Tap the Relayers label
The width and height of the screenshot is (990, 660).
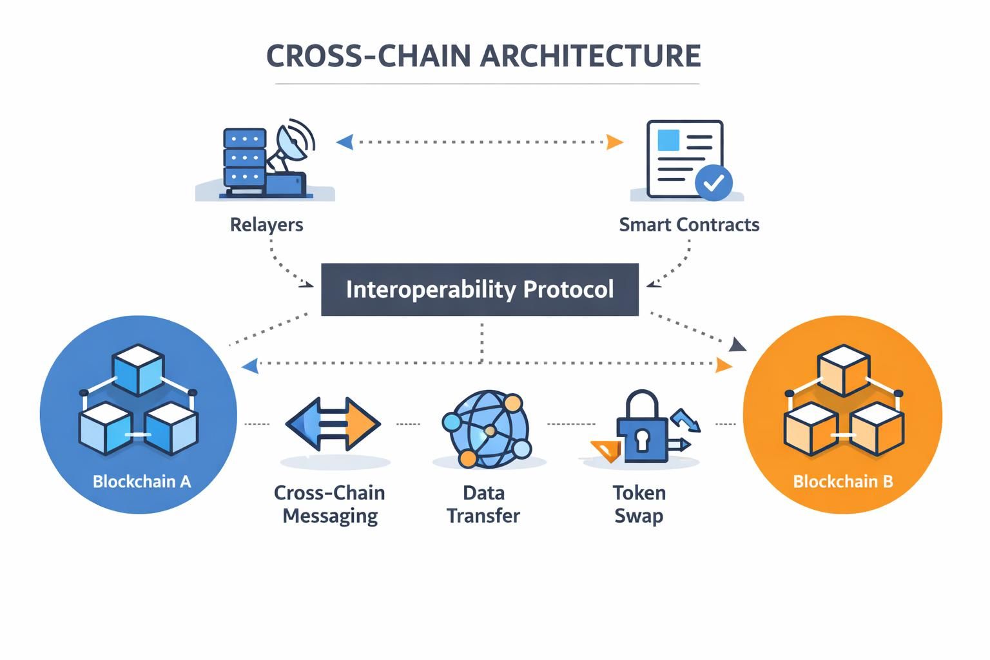coord(266,225)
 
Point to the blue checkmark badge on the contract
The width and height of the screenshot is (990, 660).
coord(713,183)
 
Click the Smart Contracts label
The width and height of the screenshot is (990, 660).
coord(689,225)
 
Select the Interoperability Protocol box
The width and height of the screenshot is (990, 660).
coord(480,289)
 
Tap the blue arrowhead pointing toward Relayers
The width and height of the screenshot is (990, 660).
coord(345,142)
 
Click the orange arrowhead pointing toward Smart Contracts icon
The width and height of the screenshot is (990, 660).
coord(615,142)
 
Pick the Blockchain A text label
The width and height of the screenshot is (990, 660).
coord(142,481)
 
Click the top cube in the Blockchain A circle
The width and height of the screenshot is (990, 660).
coord(138,370)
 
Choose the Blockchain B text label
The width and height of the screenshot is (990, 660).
coord(842,481)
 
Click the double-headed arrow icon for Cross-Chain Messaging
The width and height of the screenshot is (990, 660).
coord(333,423)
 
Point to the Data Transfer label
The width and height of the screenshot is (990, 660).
coord(483,504)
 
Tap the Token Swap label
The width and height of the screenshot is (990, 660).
coord(639,504)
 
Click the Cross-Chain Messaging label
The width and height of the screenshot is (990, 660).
coord(329,504)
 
